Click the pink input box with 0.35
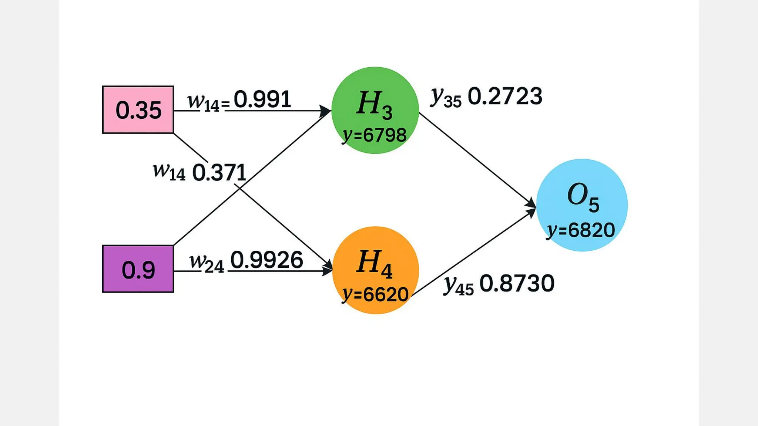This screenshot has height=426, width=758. (x=138, y=110)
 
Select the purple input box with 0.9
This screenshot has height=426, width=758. (x=138, y=269)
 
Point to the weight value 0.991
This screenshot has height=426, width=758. (x=262, y=99)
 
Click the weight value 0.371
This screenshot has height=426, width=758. (x=219, y=173)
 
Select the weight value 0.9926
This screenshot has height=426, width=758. (x=266, y=260)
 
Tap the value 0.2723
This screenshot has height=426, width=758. (x=505, y=96)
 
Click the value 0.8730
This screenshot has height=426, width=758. (x=517, y=284)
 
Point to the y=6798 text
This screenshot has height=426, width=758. (x=375, y=135)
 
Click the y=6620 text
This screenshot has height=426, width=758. (x=375, y=295)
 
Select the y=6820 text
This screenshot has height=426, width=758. (x=581, y=230)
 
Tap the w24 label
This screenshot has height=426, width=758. (x=207, y=263)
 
